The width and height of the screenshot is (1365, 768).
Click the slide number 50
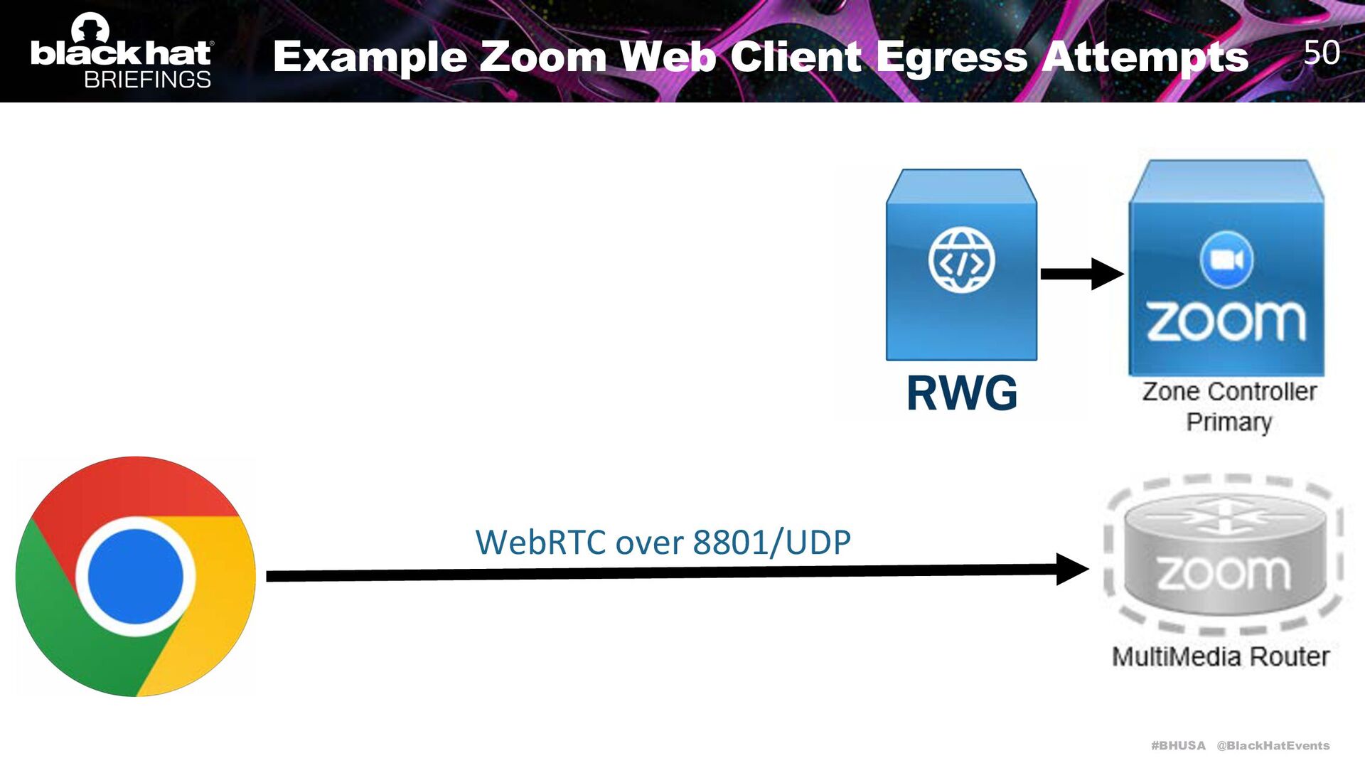click(1322, 53)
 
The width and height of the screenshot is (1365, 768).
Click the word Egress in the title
click(951, 57)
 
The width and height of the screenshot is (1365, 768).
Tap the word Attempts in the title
click(1145, 57)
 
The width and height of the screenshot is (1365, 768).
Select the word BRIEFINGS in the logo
click(147, 79)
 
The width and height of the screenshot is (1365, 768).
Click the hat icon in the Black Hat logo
click(90, 28)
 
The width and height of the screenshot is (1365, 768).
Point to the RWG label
click(962, 393)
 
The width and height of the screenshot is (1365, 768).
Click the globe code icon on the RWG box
click(961, 260)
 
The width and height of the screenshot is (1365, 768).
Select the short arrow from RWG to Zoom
click(1081, 274)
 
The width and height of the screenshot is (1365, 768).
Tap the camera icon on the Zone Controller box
click(1226, 260)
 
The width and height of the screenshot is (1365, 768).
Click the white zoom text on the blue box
click(1226, 321)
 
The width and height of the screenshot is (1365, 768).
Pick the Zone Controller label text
click(1229, 391)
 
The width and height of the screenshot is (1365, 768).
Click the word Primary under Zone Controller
click(1228, 422)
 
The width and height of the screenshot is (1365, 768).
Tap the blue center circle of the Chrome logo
click(135, 576)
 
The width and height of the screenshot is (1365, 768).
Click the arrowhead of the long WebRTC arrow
click(1071, 569)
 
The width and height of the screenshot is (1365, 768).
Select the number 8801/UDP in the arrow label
click(771, 543)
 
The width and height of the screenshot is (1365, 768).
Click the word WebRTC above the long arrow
click(540, 543)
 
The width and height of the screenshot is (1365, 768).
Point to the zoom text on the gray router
click(1224, 572)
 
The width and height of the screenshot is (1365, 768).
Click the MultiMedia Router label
click(1221, 656)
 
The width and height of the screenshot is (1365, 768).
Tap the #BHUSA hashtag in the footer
click(1178, 745)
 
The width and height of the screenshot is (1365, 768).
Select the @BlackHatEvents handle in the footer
click(1273, 745)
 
